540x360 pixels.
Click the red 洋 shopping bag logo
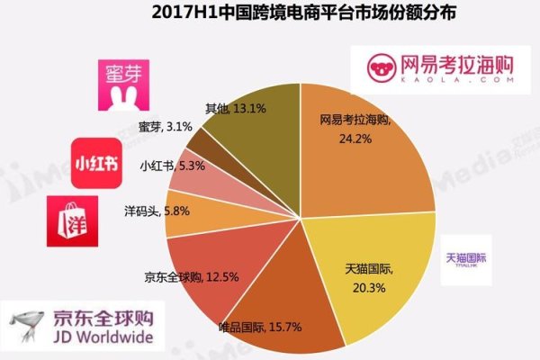click(72, 221)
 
